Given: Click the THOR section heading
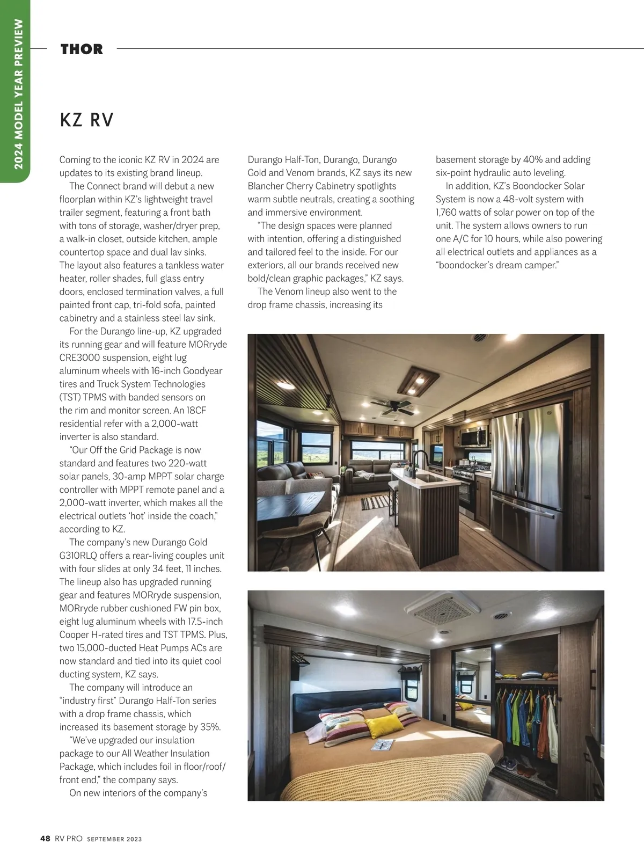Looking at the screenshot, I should coord(82,49).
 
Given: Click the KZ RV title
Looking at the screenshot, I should coord(87,120).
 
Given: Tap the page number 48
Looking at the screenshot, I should coord(45,838).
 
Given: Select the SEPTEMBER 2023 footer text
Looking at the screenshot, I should coord(114,839).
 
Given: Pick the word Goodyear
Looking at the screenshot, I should coord(202,371).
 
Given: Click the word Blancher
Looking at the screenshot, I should coord(265,186).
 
